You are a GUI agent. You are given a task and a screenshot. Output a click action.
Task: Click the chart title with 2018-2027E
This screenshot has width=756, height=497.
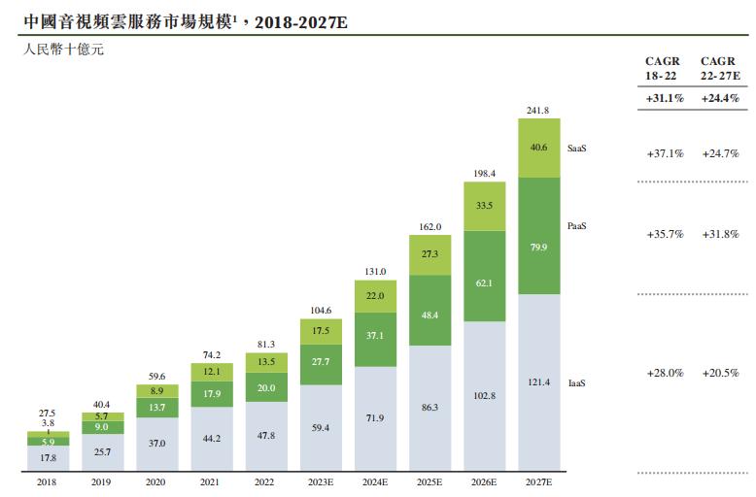click(x=184, y=19)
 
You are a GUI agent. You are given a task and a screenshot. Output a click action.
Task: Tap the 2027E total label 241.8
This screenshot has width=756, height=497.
click(x=537, y=111)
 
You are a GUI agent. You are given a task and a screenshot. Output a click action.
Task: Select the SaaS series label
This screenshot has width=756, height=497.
click(x=578, y=149)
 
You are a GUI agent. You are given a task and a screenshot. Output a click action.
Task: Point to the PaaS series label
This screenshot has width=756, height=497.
click(x=578, y=225)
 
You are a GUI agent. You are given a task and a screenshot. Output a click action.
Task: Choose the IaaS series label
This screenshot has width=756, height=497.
click(x=576, y=383)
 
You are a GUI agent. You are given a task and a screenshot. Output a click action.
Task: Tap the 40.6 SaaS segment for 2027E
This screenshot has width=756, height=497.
click(x=537, y=149)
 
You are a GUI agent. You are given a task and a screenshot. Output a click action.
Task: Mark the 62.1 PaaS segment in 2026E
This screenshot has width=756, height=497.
click(x=483, y=282)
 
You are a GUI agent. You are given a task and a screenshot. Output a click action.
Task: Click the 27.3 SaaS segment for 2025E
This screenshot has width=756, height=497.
click(x=428, y=254)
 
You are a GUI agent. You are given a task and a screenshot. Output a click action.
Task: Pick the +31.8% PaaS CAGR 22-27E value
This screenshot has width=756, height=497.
click(x=720, y=234)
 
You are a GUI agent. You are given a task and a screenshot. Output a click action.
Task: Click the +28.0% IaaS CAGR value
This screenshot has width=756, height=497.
click(x=664, y=373)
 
